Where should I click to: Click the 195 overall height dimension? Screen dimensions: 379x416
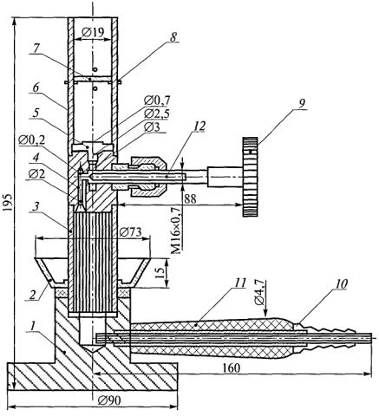(9, 202)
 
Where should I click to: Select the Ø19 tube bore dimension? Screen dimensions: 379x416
(93, 33)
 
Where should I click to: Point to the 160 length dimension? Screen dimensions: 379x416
(232, 368)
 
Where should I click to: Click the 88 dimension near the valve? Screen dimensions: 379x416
(190, 198)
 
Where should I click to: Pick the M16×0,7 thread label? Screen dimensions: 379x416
(176, 231)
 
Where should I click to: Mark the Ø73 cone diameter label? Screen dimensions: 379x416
(130, 232)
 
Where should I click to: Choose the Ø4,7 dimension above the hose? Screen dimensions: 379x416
(259, 292)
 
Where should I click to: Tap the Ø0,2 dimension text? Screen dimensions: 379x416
(31, 140)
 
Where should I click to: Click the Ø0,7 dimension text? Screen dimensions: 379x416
(157, 101)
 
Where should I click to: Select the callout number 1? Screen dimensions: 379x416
(33, 327)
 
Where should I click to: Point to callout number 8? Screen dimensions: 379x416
(173, 37)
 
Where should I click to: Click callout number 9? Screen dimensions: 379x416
(302, 104)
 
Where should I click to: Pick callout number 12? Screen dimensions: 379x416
(199, 127)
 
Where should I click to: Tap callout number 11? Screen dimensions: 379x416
(240, 283)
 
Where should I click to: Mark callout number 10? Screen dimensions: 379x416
(342, 284)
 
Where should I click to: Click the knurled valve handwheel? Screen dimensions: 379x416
(250, 177)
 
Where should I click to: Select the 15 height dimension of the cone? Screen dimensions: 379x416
(160, 272)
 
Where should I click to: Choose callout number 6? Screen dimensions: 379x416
(36, 88)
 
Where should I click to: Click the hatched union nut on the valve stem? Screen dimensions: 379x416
(148, 177)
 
